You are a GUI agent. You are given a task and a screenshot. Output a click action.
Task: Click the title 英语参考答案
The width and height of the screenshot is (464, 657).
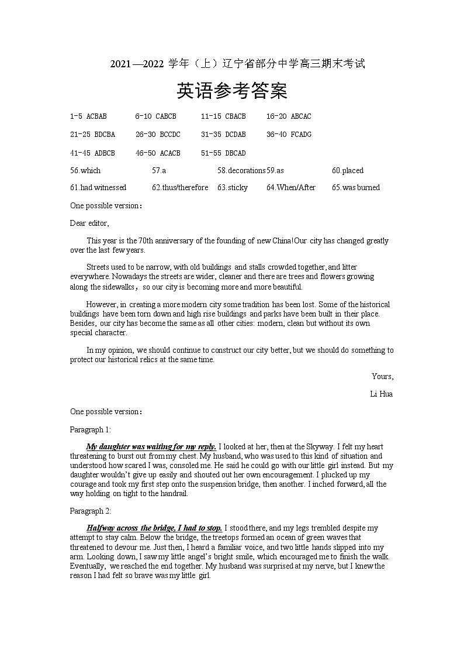(232, 91)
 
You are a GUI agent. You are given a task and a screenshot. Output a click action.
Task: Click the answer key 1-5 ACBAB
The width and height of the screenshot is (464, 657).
(88, 116)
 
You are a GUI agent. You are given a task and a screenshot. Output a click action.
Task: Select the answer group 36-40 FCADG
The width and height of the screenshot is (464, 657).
(289, 135)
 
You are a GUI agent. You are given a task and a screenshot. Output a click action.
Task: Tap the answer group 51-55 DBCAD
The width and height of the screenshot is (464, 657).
(223, 153)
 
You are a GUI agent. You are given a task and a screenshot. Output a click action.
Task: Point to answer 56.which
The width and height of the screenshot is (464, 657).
(85, 171)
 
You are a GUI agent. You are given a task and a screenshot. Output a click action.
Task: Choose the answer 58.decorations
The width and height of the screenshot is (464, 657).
(241, 171)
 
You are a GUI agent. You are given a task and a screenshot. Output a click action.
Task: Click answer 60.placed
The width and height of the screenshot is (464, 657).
(348, 171)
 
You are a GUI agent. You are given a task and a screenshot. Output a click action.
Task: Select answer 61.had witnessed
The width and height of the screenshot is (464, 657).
(98, 188)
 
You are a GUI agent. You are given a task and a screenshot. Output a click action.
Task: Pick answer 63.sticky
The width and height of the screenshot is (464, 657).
(233, 188)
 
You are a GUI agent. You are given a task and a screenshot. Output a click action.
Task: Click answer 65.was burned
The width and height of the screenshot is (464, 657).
(356, 188)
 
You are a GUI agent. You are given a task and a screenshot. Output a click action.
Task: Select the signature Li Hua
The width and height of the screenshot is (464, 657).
(381, 394)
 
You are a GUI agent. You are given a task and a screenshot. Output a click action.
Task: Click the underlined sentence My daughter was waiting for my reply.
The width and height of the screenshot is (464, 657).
(151, 447)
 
